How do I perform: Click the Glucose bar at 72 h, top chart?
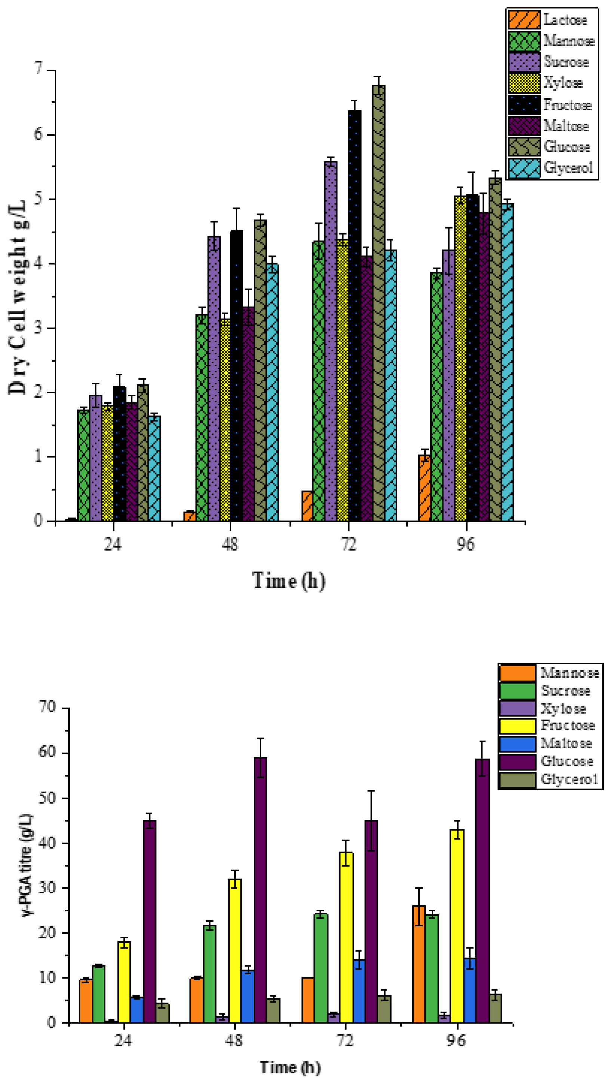[378, 303]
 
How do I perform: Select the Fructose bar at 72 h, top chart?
[354, 316]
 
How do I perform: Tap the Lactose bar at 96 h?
[425, 488]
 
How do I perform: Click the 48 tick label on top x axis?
[230, 545]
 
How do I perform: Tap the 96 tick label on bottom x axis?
[456, 1041]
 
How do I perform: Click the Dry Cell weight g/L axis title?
[18, 297]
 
